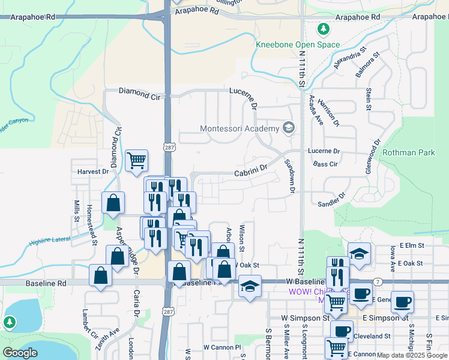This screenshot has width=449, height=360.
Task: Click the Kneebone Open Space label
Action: click(x=298, y=45)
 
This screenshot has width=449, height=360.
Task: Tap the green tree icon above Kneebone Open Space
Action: click(x=323, y=29)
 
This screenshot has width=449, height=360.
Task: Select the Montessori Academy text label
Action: click(x=240, y=129)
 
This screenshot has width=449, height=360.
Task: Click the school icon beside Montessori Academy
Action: click(x=289, y=128)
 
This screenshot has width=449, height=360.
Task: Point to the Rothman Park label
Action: click(x=409, y=152)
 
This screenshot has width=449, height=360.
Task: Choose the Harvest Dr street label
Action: click(x=92, y=171)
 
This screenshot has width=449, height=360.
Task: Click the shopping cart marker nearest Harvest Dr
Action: click(x=137, y=160)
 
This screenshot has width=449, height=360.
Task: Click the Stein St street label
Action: click(x=369, y=100)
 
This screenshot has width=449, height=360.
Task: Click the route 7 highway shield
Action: click(x=377, y=281)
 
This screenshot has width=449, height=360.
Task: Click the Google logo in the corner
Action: click(x=20, y=352)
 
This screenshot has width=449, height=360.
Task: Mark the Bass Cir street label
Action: click(x=325, y=163)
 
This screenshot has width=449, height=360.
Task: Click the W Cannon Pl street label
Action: click(x=221, y=347)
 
